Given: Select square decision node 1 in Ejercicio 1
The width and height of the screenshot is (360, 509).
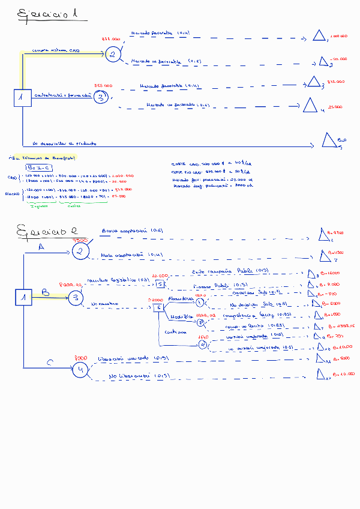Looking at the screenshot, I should point(22,97).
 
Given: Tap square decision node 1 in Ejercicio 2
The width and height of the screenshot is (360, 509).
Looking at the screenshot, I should point(23,297).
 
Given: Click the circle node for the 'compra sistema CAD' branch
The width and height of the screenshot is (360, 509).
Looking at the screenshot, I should point(112,55).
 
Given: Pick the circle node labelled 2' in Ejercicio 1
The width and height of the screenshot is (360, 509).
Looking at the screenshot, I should point(101,97).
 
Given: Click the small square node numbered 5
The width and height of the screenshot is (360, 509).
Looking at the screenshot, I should point(160,285).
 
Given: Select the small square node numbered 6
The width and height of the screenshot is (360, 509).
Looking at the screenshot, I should point(158,307).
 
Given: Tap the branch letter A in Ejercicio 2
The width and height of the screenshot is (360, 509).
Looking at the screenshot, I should point(41,247).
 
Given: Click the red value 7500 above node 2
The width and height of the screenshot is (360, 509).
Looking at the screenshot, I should point(80,240).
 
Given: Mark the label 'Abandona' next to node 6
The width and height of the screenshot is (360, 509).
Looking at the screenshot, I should point(180,298).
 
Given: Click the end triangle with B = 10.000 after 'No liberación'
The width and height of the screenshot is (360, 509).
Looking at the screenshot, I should point(321,376).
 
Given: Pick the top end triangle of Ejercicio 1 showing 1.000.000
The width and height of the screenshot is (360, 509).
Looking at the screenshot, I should point(319,35).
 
